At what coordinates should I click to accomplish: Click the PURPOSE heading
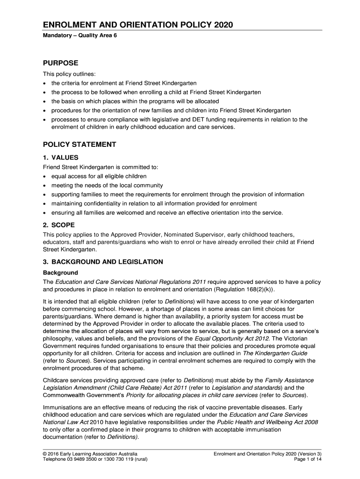click(61, 63)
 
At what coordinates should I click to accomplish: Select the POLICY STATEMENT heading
click(79, 145)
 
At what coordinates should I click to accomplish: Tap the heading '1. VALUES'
click(61, 158)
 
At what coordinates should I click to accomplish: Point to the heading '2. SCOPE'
click(59, 225)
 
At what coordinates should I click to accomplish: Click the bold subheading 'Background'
click(60, 273)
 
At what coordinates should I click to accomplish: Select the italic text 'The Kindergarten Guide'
click(275, 354)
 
